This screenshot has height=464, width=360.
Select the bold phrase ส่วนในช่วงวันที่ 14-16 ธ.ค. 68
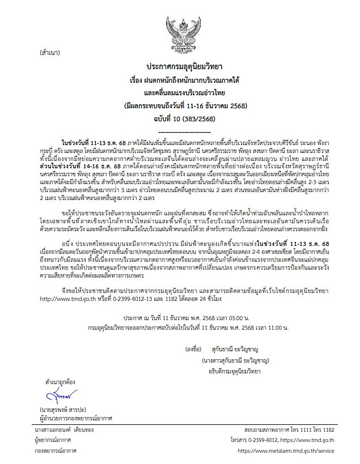pos(73,167)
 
